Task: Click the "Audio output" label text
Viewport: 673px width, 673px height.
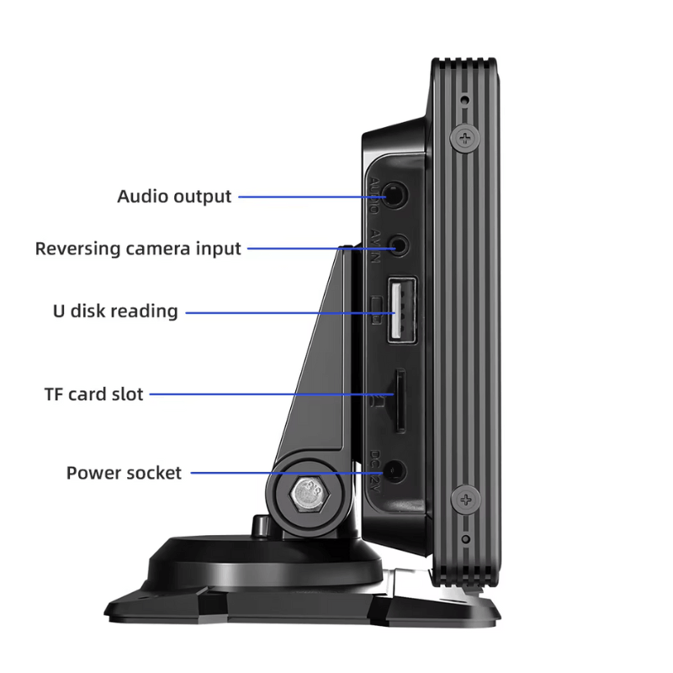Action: pyautogui.click(x=174, y=197)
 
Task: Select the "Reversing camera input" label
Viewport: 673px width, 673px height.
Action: pyautogui.click(x=138, y=249)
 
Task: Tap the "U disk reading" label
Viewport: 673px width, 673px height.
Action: pyautogui.click(x=115, y=311)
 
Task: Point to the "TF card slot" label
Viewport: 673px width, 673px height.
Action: pyautogui.click(x=93, y=394)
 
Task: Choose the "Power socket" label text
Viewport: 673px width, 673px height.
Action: pyautogui.click(x=124, y=473)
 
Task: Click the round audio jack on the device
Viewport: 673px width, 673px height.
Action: pyautogui.click(x=396, y=196)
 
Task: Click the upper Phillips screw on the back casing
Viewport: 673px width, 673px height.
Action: pyautogui.click(x=464, y=138)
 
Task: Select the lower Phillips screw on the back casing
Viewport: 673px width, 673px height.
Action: pyautogui.click(x=464, y=501)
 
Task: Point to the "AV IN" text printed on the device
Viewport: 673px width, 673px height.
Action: pyautogui.click(x=375, y=246)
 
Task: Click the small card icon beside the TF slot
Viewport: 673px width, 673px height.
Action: pyautogui.click(x=378, y=402)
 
